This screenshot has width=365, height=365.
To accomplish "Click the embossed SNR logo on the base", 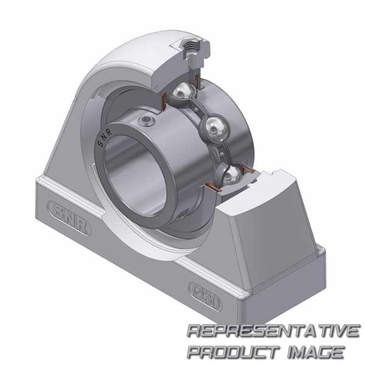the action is click(69, 218).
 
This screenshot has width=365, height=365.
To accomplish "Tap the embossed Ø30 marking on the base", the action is click(205, 297).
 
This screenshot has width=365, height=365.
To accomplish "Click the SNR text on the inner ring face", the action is click(105, 138).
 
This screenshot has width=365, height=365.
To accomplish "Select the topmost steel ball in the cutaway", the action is click(183, 91).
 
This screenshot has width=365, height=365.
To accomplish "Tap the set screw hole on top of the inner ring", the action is click(146, 121).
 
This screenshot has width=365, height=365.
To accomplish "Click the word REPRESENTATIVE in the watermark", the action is click(273, 330).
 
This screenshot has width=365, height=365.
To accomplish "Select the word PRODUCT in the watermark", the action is click(233, 352).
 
